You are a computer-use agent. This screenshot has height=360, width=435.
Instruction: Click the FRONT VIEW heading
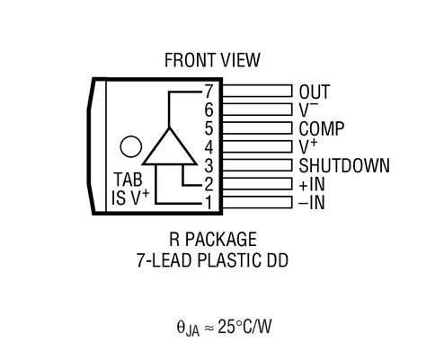click(x=212, y=60)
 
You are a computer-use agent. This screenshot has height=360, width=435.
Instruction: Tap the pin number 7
click(x=208, y=92)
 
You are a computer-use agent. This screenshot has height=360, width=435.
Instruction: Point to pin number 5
click(x=208, y=127)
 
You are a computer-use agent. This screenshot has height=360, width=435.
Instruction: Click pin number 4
click(x=208, y=145)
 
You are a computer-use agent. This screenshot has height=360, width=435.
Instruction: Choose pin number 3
click(x=208, y=164)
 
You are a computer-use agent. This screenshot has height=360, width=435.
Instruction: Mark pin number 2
click(x=208, y=183)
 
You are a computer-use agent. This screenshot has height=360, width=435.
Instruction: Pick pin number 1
click(x=208, y=202)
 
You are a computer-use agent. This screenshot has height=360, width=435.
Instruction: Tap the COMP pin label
click(x=320, y=127)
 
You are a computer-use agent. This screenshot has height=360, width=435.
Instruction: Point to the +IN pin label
click(x=312, y=183)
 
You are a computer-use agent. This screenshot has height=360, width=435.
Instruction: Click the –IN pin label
click(x=312, y=202)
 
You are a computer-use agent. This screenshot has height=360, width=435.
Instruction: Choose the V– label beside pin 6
click(x=307, y=110)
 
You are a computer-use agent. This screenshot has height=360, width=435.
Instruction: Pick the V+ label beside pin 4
click(x=307, y=145)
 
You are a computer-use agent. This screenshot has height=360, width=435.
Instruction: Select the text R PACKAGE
click(x=212, y=240)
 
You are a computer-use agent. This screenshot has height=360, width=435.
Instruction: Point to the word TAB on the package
click(x=129, y=179)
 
